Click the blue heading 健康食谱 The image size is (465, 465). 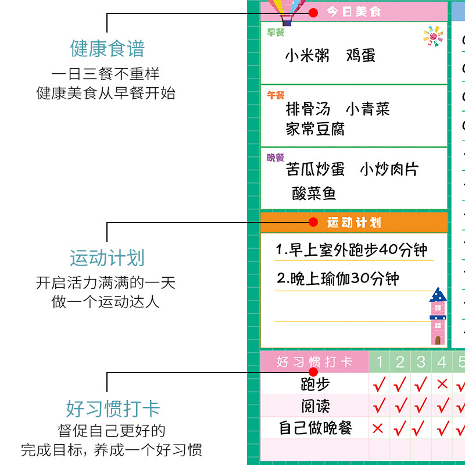[107, 49]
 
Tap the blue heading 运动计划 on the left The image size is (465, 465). [107, 258]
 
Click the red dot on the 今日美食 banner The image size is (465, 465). [313, 12]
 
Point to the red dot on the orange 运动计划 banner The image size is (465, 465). [313, 222]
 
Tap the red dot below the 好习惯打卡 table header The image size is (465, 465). [313, 372]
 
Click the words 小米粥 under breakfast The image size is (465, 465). [307, 56]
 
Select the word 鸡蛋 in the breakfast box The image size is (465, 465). [361, 56]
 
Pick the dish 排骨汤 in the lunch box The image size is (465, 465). [308, 109]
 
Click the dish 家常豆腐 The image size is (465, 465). [315, 129]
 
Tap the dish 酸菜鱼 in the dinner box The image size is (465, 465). [314, 193]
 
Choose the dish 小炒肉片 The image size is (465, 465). [389, 170]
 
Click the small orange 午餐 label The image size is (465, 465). [276, 95]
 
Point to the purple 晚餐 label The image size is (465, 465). [276, 158]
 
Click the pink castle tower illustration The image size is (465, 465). [438, 317]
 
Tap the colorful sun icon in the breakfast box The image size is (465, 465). [432, 36]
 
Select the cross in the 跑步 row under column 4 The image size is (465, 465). [442, 384]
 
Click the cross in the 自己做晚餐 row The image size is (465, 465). [378, 429]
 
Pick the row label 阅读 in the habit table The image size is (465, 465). [315, 406]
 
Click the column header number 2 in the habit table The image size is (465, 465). [400, 362]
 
